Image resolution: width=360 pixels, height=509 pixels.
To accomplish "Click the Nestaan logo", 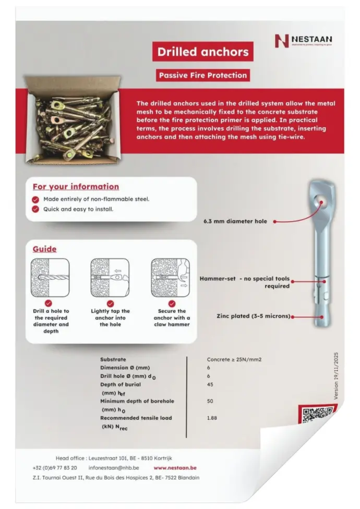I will [x=303, y=40].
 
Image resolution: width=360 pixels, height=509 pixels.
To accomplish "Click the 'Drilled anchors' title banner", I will [x=203, y=52].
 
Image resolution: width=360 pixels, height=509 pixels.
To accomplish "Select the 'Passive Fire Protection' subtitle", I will [x=203, y=75].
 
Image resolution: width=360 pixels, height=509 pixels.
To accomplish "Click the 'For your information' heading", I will [x=76, y=187].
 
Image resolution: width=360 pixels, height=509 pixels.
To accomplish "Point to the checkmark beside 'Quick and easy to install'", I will [x=35, y=209].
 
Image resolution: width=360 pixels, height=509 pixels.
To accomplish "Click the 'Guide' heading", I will [x=44, y=249].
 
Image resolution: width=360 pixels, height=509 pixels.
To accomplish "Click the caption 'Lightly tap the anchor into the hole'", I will [x=110, y=318].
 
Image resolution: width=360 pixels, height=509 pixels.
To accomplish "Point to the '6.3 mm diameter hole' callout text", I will [x=235, y=221].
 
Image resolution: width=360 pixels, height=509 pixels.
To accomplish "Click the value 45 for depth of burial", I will [x=211, y=385].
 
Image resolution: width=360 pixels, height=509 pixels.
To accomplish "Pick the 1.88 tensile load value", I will [x=212, y=418].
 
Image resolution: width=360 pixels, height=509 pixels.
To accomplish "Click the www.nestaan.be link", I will [x=175, y=468].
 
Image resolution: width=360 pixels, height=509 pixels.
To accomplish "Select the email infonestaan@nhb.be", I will [x=114, y=468].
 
